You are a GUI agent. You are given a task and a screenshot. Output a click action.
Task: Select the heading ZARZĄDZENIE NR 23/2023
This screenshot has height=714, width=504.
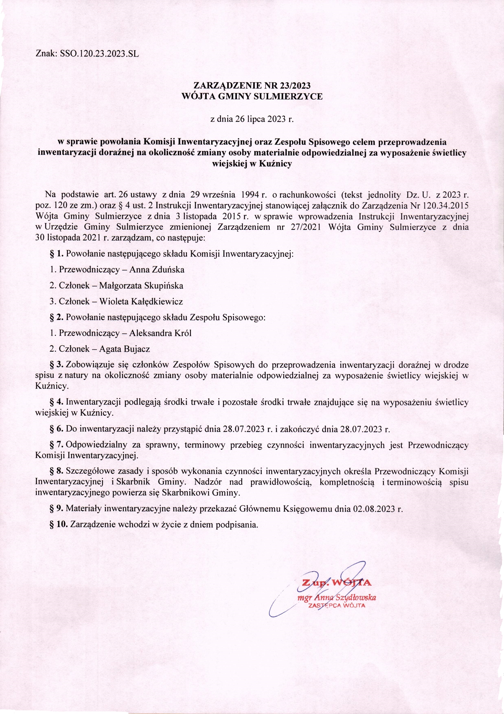(252, 85)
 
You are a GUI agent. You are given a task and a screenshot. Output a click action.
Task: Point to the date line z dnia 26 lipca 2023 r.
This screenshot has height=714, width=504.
(252, 119)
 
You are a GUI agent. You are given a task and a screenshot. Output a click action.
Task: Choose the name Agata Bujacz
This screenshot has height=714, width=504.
(125, 349)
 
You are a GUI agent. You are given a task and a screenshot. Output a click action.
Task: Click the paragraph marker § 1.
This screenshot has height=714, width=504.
(57, 254)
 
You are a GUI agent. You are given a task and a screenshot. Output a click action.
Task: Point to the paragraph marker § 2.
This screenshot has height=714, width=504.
(57, 317)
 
